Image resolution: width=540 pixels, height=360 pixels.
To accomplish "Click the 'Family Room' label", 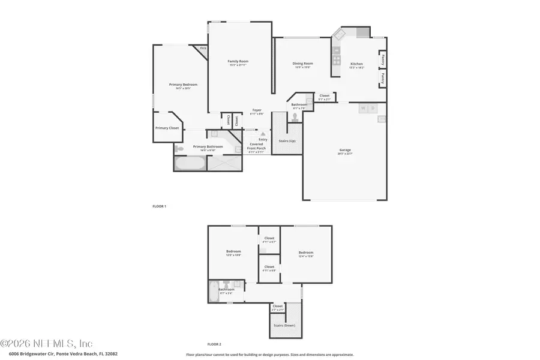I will pyautogui.click(x=238, y=61).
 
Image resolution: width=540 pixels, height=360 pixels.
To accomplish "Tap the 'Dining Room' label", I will pyautogui.click(x=302, y=64).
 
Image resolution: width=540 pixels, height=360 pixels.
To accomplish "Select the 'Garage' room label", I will pyautogui.click(x=344, y=150).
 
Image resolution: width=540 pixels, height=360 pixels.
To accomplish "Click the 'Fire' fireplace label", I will pyautogui.click(x=203, y=48).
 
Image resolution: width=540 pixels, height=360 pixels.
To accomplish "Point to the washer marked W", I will pyautogui.click(x=362, y=108).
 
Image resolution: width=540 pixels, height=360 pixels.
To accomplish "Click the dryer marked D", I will pyautogui.click(x=373, y=108).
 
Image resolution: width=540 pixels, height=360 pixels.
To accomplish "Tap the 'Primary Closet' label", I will pyautogui.click(x=167, y=128).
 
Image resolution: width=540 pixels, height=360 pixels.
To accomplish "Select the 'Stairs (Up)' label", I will pyautogui.click(x=287, y=141).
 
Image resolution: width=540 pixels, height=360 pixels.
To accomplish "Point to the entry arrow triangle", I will pyautogui.click(x=262, y=133).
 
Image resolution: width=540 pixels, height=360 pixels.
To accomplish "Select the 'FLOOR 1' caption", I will pyautogui.click(x=159, y=206).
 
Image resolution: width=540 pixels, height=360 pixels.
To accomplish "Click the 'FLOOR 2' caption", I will pyautogui.click(x=214, y=344).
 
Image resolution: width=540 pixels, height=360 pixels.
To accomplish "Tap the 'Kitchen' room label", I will pyautogui.click(x=356, y=64).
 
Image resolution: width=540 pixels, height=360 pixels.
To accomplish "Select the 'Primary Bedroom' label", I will pyautogui.click(x=182, y=85).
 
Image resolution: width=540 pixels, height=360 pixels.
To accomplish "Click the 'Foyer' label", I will pyautogui.click(x=256, y=110).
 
